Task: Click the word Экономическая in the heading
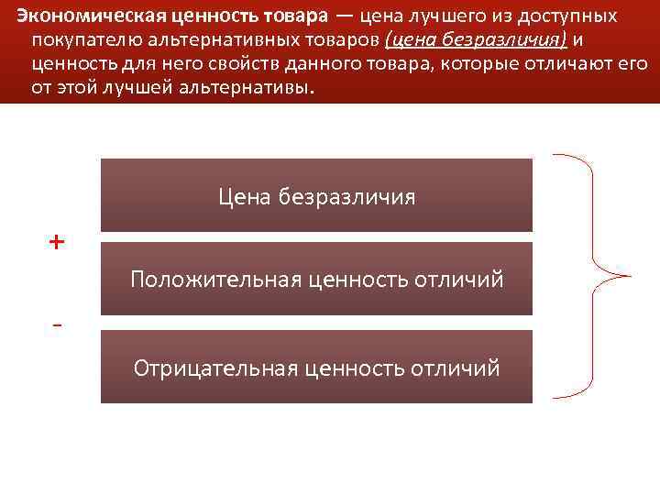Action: [x=75, y=17]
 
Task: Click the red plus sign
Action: [x=58, y=242]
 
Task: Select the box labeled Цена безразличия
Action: [x=316, y=195]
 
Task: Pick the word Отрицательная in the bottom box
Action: [x=215, y=368]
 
